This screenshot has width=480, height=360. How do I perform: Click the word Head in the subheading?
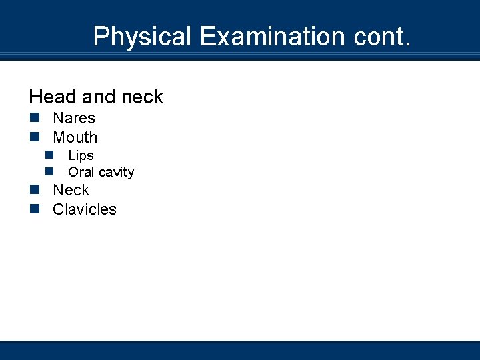coord(52,97)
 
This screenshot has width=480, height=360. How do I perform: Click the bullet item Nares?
coord(74,119)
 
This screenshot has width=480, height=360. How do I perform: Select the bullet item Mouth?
coord(75,138)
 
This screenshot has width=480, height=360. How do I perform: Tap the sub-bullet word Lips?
coord(81,155)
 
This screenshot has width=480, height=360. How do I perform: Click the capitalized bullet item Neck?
coord(71,190)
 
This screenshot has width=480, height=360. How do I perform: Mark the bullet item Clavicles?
coord(85,209)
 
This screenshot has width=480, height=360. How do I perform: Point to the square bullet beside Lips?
coord(50,155)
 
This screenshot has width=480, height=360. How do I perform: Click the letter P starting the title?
coord(101,36)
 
